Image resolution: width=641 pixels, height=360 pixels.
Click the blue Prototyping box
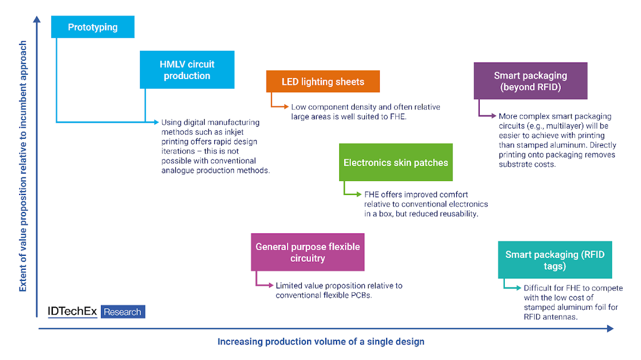pyautogui.click(x=92, y=27)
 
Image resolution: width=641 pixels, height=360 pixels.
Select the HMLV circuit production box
pyautogui.click(x=187, y=69)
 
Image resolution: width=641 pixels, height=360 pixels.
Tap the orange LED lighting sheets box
pyautogui.click(x=323, y=82)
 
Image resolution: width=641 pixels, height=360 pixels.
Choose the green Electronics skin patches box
pyautogui.click(x=395, y=162)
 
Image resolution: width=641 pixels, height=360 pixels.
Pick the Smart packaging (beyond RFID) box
pyautogui.click(x=530, y=81)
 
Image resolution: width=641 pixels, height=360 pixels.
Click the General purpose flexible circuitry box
pyautogui.click(x=308, y=252)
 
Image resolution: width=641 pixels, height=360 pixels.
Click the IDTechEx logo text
pyautogui.click(x=73, y=312)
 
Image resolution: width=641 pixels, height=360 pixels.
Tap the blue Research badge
pyautogui.click(x=123, y=312)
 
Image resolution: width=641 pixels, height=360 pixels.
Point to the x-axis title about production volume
pyautogui.click(x=320, y=341)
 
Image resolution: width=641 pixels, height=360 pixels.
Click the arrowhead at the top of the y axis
pyautogui.click(x=37, y=20)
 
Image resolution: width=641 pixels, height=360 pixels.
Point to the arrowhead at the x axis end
pyautogui.click(x=610, y=329)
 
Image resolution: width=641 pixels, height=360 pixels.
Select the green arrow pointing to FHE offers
pyautogui.click(x=353, y=193)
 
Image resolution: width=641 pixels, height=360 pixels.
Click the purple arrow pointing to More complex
pyautogui.click(x=487, y=114)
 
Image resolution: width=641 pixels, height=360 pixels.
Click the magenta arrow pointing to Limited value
pyautogui.click(x=264, y=284)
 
